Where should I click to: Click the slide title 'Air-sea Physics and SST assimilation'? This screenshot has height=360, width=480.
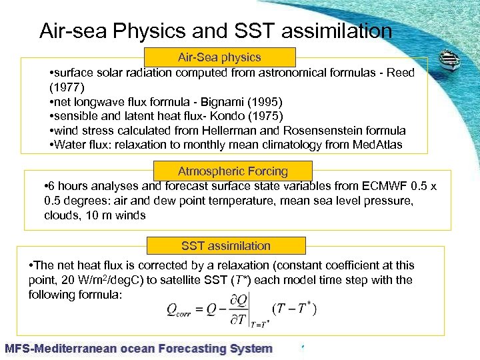click(215, 31)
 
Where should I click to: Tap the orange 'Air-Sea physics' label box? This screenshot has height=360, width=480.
click(219, 57)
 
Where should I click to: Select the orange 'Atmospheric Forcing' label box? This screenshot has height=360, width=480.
click(233, 171)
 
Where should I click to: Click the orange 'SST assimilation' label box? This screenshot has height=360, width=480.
click(226, 246)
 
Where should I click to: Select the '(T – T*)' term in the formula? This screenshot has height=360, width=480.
click(294, 308)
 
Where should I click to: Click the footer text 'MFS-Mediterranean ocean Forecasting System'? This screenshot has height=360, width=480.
click(139, 348)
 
